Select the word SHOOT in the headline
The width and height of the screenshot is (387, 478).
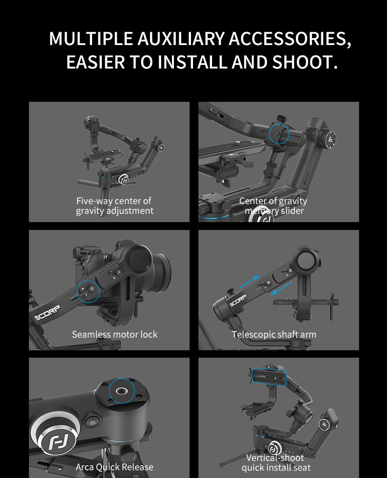point(302,62)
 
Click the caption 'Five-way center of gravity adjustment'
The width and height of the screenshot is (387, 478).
point(114,206)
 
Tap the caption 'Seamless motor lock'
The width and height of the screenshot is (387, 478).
point(115,335)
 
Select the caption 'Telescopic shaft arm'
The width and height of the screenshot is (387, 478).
point(274,335)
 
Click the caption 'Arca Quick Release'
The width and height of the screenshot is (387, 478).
point(114,467)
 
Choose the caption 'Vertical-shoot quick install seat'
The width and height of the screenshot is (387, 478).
point(275,463)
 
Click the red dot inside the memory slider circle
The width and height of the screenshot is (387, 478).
point(278,133)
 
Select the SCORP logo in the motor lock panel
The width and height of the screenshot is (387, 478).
point(47,312)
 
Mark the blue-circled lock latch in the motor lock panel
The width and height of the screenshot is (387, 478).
point(88,292)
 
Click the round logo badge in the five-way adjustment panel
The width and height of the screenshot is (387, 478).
point(124,180)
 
